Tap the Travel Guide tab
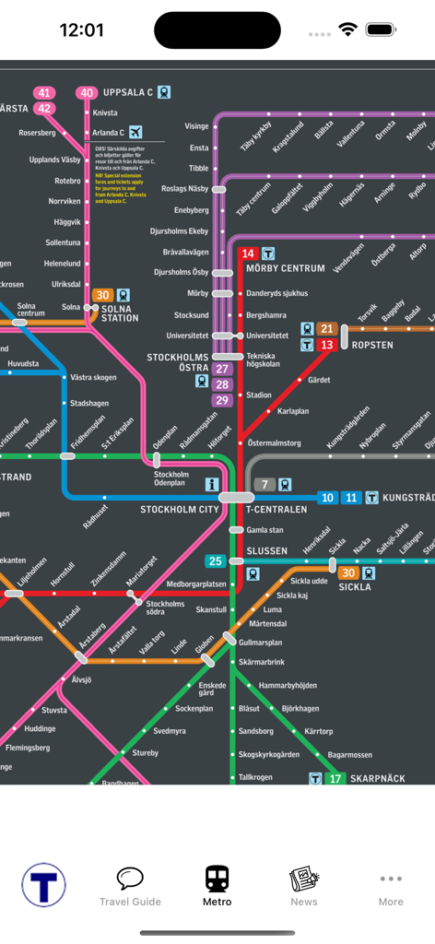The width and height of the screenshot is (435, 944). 130,886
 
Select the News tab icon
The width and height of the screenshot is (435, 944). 303,879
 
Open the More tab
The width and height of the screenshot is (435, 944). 391,886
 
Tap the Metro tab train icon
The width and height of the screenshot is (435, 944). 217,878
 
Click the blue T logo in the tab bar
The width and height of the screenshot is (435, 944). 43,886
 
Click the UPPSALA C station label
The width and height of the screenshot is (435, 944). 127,92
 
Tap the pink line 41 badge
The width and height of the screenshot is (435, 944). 44,92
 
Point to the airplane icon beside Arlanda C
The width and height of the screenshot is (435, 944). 136,131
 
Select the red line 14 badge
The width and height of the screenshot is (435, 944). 247,254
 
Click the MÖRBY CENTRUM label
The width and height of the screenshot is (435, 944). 285,268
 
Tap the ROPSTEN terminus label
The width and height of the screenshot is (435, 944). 371,345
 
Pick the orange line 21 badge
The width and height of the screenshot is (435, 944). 327,329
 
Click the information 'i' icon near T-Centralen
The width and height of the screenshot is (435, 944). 212,484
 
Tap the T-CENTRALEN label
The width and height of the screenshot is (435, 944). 276,509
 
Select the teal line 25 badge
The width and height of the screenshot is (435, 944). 216,560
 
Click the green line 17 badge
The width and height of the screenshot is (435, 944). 335,779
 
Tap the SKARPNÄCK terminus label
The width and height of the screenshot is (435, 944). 377,779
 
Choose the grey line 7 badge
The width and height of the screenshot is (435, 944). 265,484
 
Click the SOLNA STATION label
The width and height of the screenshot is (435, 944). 120,313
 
